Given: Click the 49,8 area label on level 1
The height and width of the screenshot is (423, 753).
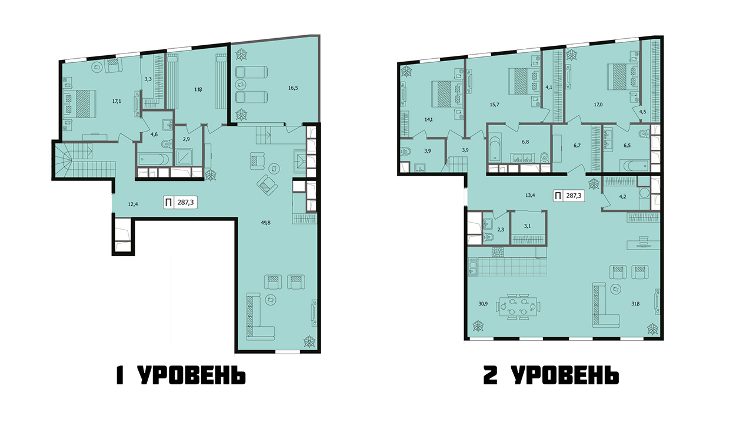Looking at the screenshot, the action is coord(265,222).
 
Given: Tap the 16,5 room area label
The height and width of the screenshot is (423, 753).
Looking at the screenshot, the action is coord(293,88).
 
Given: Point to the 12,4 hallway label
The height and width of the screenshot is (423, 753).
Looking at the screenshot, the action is coord(133,204).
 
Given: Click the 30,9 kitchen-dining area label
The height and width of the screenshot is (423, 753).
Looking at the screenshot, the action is coord(483,304).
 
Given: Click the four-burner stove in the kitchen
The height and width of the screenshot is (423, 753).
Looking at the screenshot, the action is coord(497,252).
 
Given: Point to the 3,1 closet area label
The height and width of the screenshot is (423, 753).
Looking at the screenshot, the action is coord(527,226).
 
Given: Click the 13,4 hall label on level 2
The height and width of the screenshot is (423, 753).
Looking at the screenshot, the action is coord(530,194).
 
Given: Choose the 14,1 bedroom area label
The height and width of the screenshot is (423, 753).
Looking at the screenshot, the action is coord(428,119).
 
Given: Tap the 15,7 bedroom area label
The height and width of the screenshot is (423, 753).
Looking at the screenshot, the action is coord(495,105).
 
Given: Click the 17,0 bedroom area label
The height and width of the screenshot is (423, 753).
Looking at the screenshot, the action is coord(598,105).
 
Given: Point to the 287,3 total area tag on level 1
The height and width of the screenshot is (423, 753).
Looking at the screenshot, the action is coord(180,203).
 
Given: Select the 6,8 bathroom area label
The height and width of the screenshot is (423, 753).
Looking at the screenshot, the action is coord(525,142).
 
